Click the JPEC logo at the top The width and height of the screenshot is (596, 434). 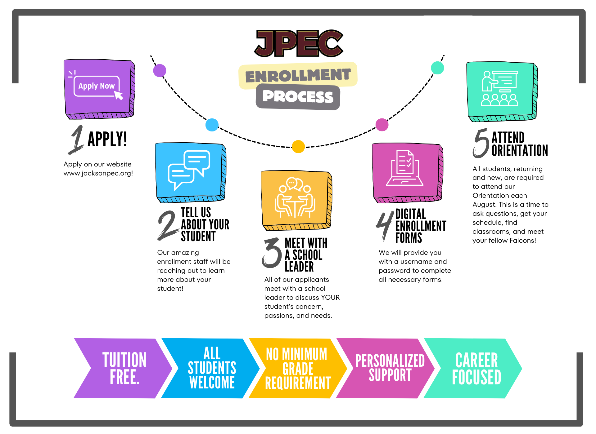[x=299, y=43]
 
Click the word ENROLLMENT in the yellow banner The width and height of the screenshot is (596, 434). [x=298, y=75]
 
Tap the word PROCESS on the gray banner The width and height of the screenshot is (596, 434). [x=298, y=96]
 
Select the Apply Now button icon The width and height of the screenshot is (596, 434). [x=96, y=86]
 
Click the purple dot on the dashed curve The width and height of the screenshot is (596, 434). [x=160, y=71]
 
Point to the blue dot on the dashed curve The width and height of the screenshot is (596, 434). [x=212, y=125]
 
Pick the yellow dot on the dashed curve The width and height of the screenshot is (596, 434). [x=298, y=147]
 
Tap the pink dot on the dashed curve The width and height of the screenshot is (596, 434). [x=382, y=125]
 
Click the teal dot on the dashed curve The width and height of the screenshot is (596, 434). [x=438, y=68]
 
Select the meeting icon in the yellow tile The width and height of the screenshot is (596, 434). [x=295, y=197]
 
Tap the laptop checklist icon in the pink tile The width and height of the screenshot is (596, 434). [x=405, y=168]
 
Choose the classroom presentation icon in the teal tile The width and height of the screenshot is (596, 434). [x=500, y=88]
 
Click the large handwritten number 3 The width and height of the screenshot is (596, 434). [x=272, y=253]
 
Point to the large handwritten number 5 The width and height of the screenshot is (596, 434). [x=481, y=143]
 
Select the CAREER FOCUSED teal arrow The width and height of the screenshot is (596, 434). [x=473, y=368]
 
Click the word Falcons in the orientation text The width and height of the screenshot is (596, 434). [x=526, y=241]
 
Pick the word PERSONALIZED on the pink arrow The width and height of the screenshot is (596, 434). [x=390, y=361]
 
